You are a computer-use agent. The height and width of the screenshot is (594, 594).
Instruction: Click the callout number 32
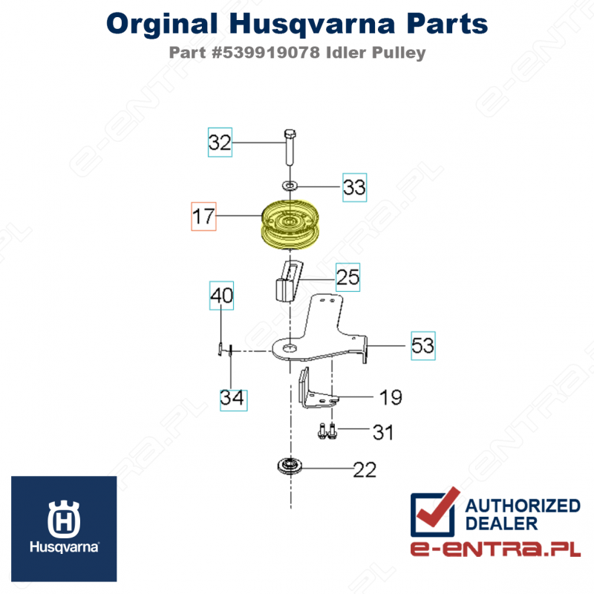[x=220, y=143]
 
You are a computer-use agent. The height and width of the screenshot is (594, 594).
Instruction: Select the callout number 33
[x=355, y=187]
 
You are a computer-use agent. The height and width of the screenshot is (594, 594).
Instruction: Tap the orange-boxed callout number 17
[x=203, y=216]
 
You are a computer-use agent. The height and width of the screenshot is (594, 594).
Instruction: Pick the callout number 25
[x=347, y=277]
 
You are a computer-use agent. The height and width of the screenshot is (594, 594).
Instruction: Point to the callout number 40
[x=221, y=296]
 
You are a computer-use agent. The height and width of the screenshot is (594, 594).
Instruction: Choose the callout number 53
[x=423, y=346]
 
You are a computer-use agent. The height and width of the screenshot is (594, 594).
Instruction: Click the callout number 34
[x=232, y=398]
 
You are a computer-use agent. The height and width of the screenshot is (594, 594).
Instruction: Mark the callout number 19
[x=391, y=397]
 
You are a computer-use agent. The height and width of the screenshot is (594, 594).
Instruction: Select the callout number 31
[x=383, y=432]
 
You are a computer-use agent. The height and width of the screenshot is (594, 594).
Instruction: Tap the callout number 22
[x=365, y=470]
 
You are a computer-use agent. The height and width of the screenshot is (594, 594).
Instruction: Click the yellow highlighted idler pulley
[x=290, y=225]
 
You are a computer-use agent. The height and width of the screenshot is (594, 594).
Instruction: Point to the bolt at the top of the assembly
[x=290, y=147]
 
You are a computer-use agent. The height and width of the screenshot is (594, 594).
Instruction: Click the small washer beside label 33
[x=290, y=186]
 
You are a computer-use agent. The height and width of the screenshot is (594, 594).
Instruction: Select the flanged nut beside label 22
[x=290, y=466]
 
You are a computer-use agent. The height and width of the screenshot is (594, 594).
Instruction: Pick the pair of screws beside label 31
[x=327, y=431]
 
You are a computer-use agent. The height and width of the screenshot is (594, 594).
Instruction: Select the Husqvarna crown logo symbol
[x=64, y=519]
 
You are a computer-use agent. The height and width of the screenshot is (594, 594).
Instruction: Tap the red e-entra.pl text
[x=495, y=549]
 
